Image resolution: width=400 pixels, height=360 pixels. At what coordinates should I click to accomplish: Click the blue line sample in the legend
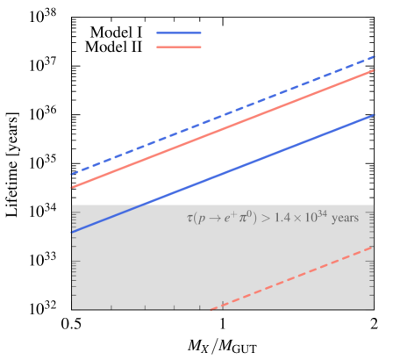179,33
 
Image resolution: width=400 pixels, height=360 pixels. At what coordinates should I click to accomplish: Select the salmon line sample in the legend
179,47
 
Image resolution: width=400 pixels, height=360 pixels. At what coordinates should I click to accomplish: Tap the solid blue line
263,159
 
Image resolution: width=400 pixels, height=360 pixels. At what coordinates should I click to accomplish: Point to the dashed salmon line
298,276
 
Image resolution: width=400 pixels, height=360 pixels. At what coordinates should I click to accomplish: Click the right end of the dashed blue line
375,57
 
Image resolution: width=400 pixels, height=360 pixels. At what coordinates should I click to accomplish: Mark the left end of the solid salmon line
71,187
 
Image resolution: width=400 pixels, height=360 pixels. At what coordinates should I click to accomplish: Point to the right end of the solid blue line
375,115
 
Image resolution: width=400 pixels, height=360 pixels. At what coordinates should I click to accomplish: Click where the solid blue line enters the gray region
140,205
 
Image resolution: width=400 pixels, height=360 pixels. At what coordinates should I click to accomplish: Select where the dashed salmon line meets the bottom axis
211,309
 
